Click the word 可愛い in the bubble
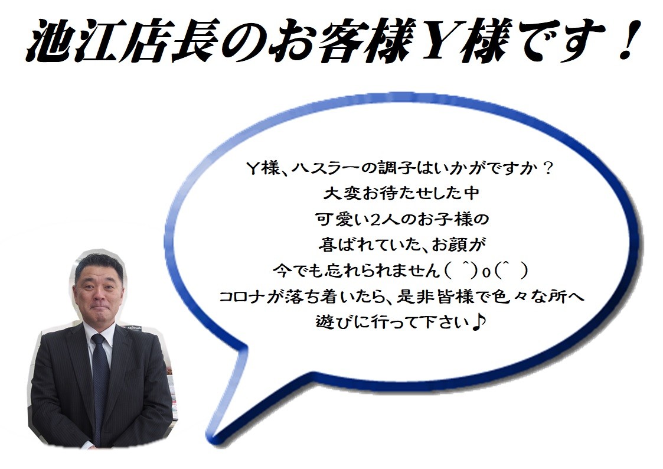pos(342,220)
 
